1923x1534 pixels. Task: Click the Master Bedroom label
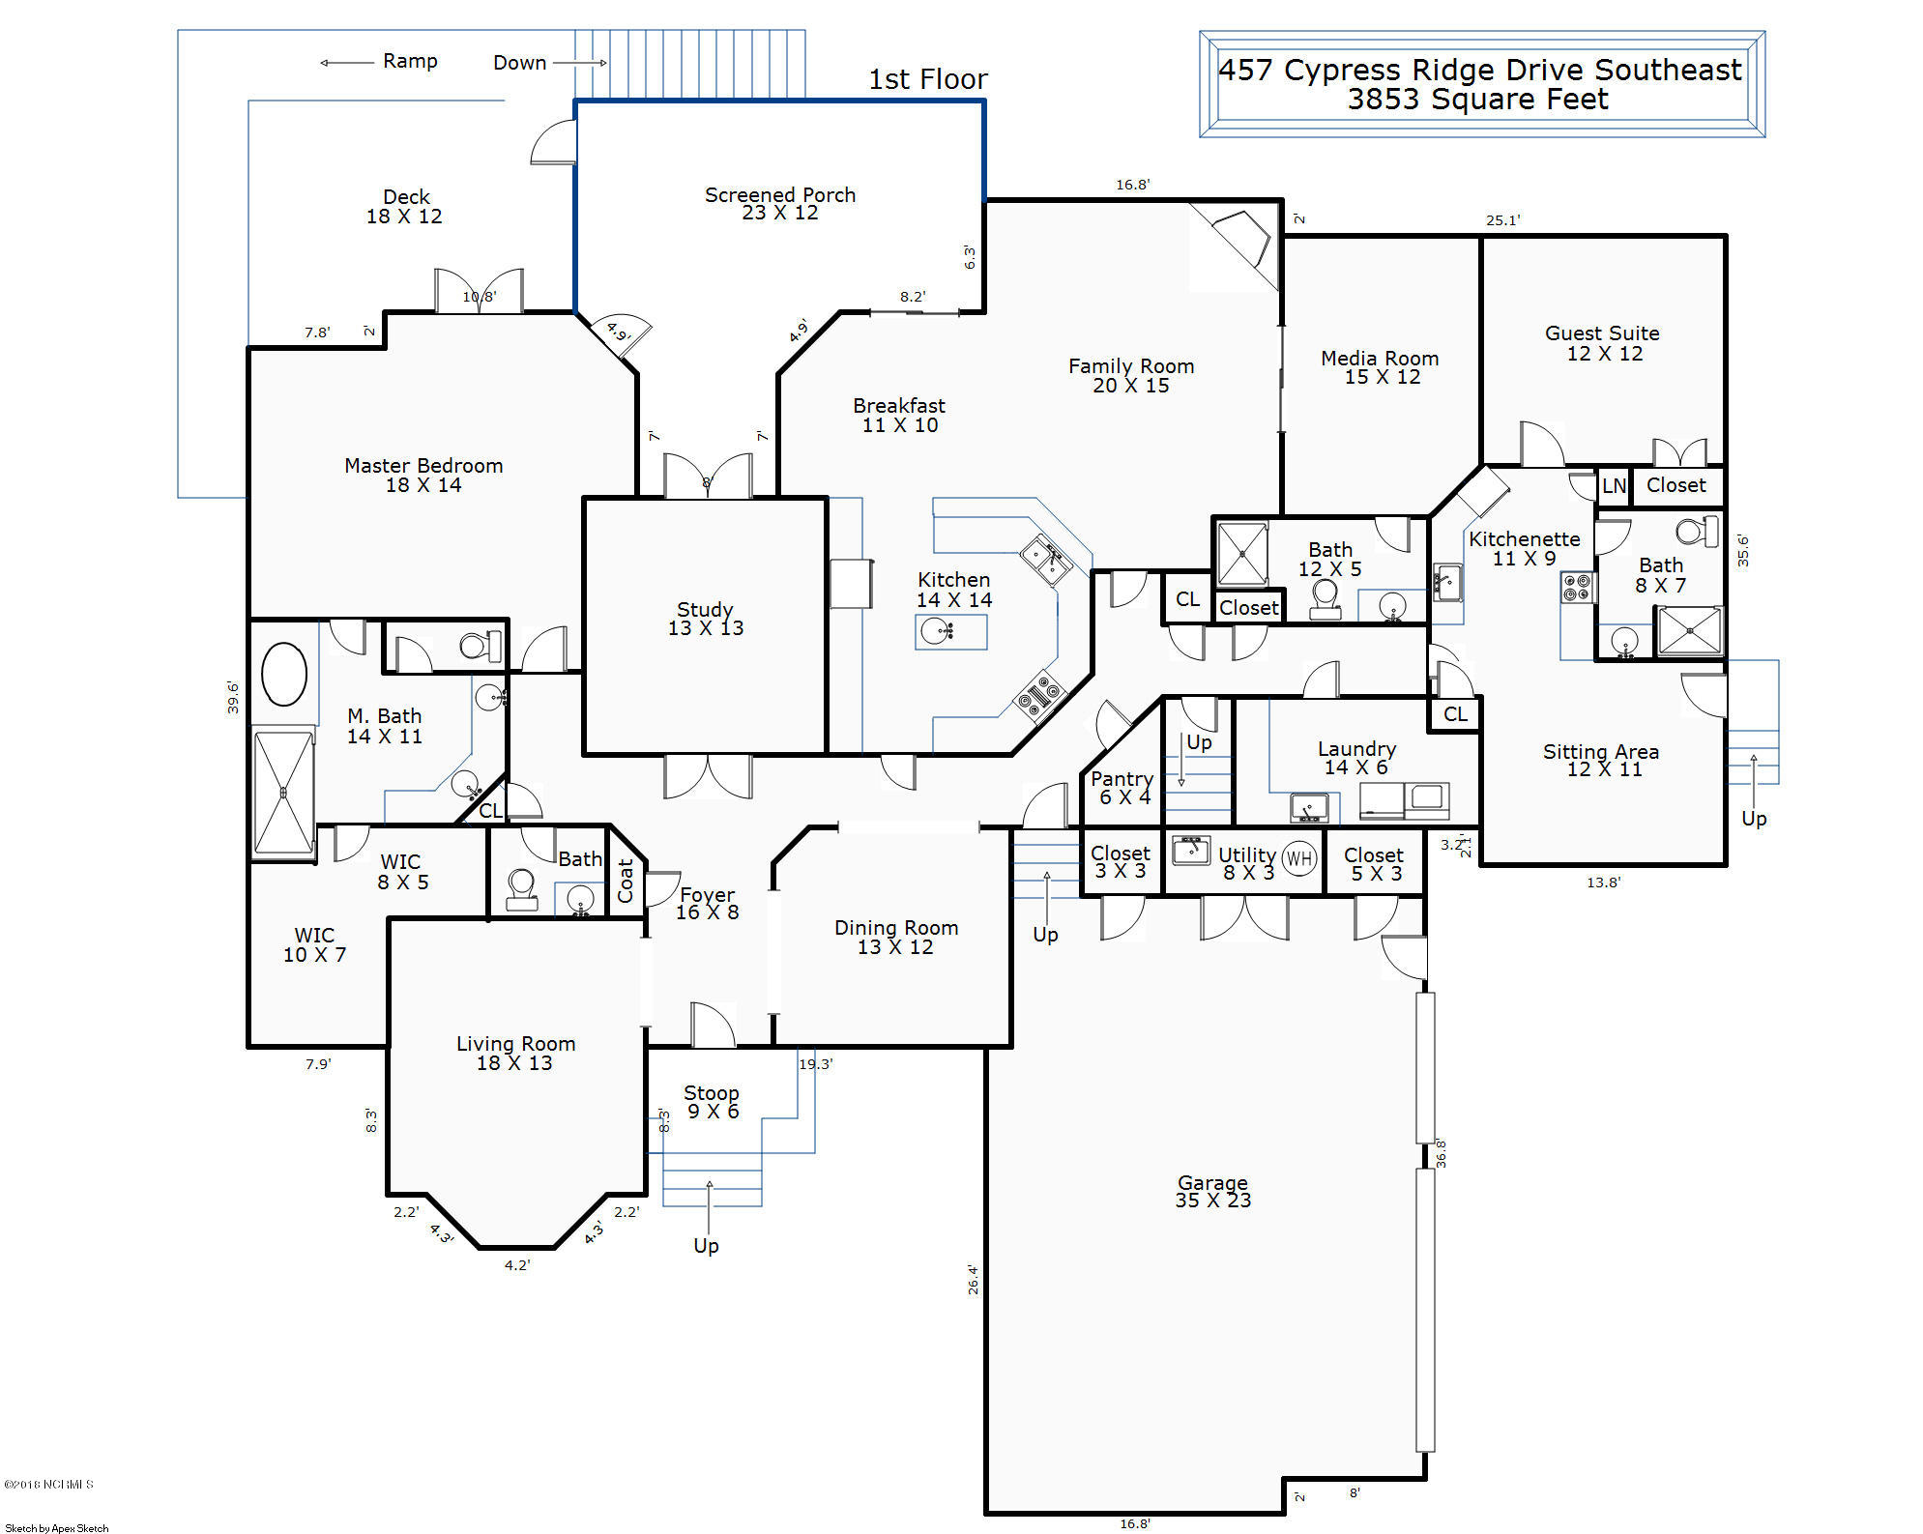[423, 475]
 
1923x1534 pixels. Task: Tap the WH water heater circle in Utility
[1299, 858]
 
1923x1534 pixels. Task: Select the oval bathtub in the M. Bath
[284, 674]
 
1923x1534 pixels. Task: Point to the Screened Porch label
[780, 203]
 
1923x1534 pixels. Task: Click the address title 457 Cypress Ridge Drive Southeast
[1479, 70]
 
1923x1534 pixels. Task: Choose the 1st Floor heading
[927, 79]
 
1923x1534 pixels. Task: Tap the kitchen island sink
[937, 632]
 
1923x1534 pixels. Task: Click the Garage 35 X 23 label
[1212, 1191]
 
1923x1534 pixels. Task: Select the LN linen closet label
[1614, 486]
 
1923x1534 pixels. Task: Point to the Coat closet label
[626, 881]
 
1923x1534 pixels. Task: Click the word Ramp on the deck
[410, 61]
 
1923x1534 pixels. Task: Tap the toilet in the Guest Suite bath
[1697, 531]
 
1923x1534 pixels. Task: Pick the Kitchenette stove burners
[1576, 587]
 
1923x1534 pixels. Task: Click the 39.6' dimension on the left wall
[233, 698]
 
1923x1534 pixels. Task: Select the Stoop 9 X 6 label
[712, 1102]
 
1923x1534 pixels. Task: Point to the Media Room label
[1380, 367]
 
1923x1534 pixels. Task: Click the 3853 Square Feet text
[1478, 100]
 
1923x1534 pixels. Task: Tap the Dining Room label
[896, 937]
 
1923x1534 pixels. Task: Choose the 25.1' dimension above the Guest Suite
[1502, 220]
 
